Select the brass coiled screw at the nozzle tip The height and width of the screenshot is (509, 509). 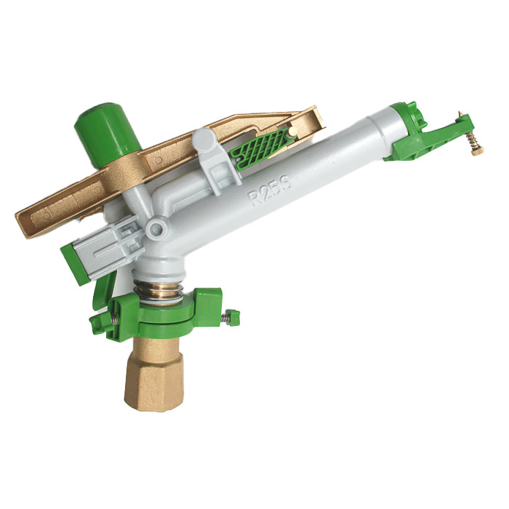[474, 140]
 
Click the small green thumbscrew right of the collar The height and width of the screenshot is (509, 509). [233, 316]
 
